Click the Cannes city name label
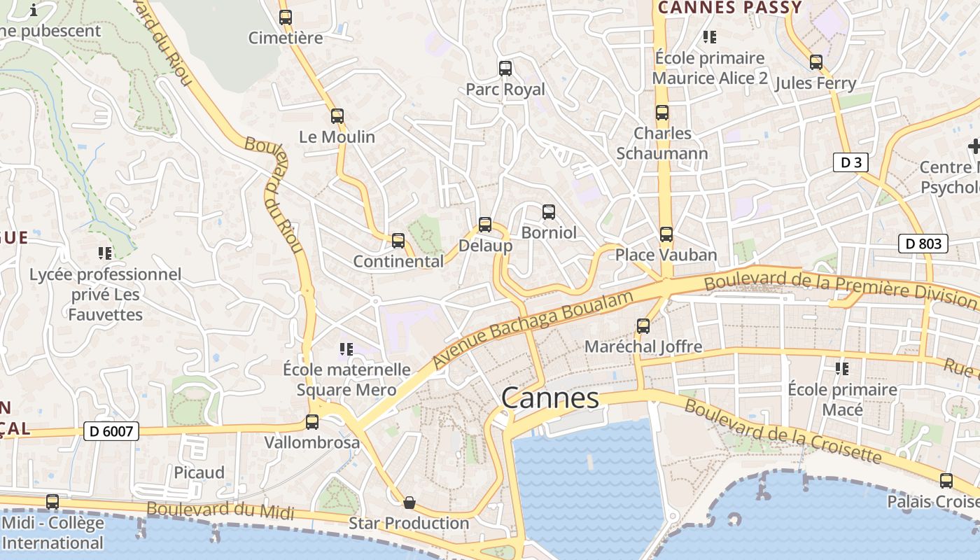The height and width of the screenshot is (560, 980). (550, 398)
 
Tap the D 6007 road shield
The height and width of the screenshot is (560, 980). (111, 431)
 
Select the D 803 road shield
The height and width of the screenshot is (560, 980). (923, 244)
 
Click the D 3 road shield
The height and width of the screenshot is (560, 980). (850, 163)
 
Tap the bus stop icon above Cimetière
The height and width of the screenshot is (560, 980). (286, 17)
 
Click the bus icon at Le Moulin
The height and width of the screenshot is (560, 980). (337, 116)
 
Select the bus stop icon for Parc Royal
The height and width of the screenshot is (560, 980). (505, 69)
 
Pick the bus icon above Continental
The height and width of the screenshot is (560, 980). (398, 241)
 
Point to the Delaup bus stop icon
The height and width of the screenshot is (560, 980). (485, 225)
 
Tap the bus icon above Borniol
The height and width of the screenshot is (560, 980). (549, 211)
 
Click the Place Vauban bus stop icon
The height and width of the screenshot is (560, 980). (666, 234)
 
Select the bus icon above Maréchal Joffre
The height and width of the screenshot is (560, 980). (643, 325)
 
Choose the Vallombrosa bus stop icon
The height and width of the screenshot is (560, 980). (312, 422)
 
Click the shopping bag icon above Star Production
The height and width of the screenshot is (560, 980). (409, 503)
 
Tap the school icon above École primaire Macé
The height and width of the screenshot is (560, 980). (842, 368)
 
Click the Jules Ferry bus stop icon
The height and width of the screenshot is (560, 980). (815, 62)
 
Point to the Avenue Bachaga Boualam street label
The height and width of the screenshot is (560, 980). (534, 329)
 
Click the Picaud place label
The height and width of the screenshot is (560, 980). (199, 472)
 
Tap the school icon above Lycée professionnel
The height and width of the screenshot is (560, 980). (105, 253)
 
